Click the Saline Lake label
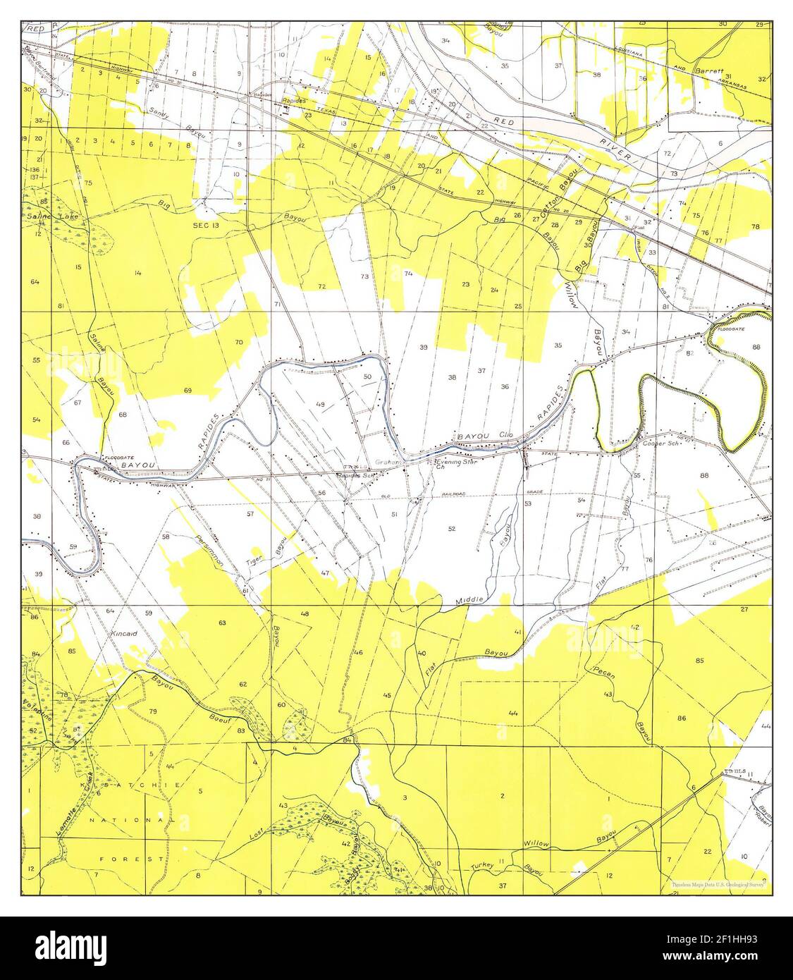tap(50, 216)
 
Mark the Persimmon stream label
tap(210, 550)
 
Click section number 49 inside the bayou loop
tap(320, 405)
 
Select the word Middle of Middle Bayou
tap(469, 600)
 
